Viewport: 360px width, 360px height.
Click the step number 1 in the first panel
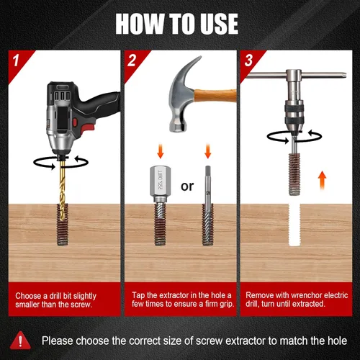click(x=16, y=60)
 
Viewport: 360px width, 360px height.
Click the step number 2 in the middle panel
click(x=132, y=60)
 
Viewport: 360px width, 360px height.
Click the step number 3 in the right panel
click(x=248, y=60)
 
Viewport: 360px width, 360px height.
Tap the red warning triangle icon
click(x=20, y=341)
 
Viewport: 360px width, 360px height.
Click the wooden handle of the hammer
click(x=215, y=96)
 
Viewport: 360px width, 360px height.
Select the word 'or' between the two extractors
click(x=187, y=186)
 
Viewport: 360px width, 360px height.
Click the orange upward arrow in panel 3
click(x=323, y=180)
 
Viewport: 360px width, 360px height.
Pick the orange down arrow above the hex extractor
click(x=161, y=150)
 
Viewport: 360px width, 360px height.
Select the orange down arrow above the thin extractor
click(x=208, y=150)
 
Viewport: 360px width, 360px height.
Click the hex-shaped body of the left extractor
click(x=161, y=181)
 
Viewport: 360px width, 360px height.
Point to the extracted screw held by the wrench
click(x=294, y=174)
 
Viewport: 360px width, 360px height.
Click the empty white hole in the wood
click(x=294, y=225)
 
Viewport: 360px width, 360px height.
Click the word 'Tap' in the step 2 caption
click(x=138, y=295)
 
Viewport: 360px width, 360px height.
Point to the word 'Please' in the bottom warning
click(x=57, y=341)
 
